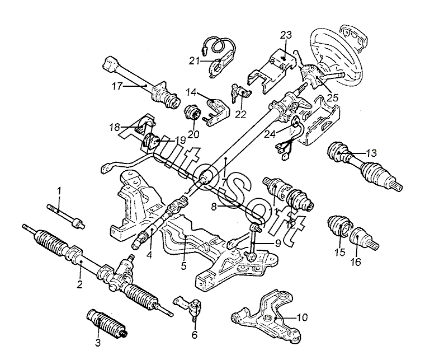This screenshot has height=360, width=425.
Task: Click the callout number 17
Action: (117, 87)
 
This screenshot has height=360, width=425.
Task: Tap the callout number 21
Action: (194, 62)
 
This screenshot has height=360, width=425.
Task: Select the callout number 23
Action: (286, 35)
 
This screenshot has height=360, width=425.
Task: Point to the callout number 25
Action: (333, 97)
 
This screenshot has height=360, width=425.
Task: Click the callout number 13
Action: (371, 153)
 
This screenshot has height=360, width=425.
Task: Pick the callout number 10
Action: (302, 317)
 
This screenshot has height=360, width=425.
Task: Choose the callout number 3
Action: (98, 343)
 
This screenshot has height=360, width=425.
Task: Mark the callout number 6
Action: (195, 335)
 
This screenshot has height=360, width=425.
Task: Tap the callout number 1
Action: (59, 191)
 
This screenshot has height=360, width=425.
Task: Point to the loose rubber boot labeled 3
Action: (107, 324)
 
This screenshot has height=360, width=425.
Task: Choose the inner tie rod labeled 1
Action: (66, 216)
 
